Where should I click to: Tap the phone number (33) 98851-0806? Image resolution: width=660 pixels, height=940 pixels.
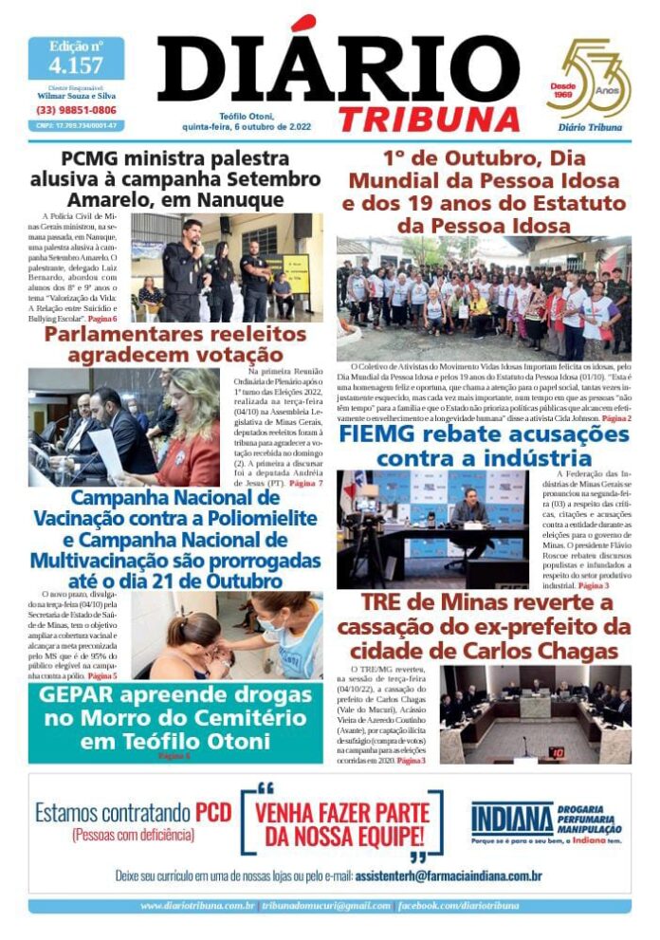point(76,110)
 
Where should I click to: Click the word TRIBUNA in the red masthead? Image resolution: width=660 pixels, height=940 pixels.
point(430,119)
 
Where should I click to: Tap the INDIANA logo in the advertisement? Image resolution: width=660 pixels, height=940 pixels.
point(512,819)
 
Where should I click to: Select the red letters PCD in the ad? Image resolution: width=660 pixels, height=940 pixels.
point(213,812)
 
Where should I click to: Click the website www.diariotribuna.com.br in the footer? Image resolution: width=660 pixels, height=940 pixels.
point(197,906)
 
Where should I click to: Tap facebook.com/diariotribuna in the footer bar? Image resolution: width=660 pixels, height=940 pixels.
point(459,906)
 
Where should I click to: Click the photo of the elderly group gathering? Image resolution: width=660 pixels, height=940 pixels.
point(484,297)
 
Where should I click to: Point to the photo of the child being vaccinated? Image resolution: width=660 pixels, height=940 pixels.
point(227,636)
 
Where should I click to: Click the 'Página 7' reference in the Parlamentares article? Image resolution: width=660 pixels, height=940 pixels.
point(306,483)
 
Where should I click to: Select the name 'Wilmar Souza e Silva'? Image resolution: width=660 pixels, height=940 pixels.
point(76,96)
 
